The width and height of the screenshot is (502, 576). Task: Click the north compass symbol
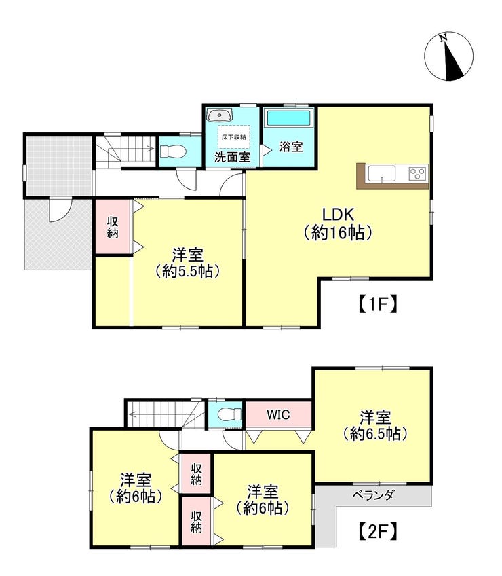point(448,56)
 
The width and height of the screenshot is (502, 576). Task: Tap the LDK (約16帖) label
point(338,223)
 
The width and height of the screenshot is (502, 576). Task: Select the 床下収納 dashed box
point(234,137)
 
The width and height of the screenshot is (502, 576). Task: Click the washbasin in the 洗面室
point(219,115)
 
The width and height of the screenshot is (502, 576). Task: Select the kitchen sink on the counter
point(382,173)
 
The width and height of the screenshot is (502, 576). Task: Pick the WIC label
point(278,415)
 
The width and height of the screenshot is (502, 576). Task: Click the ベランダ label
point(373,495)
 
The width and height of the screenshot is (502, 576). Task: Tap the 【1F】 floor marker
point(377,304)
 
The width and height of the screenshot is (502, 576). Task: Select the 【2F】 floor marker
point(377,530)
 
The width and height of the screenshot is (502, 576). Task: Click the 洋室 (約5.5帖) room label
point(187,263)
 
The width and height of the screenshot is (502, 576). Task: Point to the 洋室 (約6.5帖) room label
point(375,426)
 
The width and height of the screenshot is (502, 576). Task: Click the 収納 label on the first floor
point(113,227)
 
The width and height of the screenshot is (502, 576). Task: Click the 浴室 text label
point(290,147)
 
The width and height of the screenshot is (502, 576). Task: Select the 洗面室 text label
point(232,157)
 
